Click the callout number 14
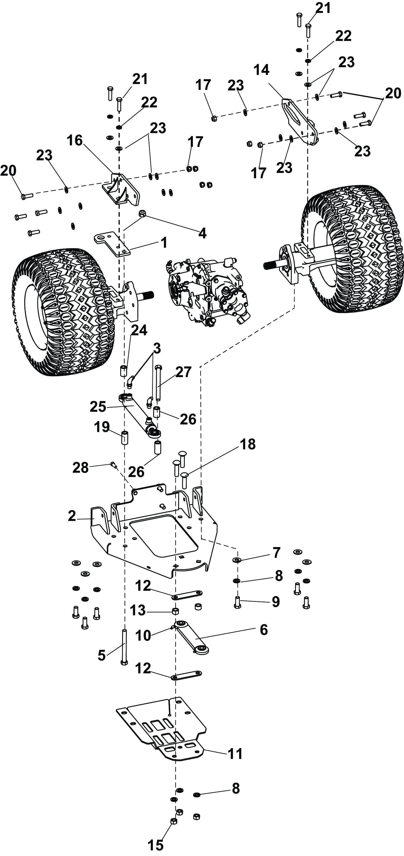[261, 70]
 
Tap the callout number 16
[75, 141]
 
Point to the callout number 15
[155, 844]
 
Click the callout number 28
[80, 468]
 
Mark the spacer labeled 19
[125, 439]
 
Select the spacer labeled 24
[124, 370]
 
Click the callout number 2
[72, 516]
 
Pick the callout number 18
[248, 444]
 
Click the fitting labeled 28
[113, 465]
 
